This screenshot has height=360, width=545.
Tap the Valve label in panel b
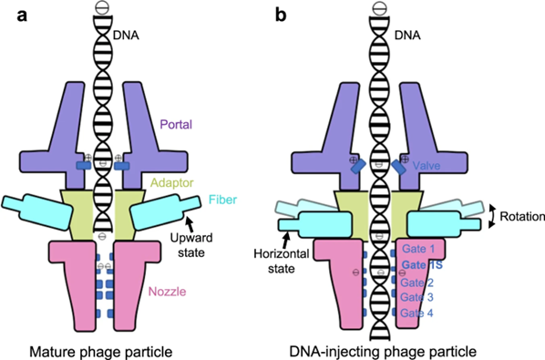point(429,168)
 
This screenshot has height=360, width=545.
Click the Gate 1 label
point(419,249)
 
